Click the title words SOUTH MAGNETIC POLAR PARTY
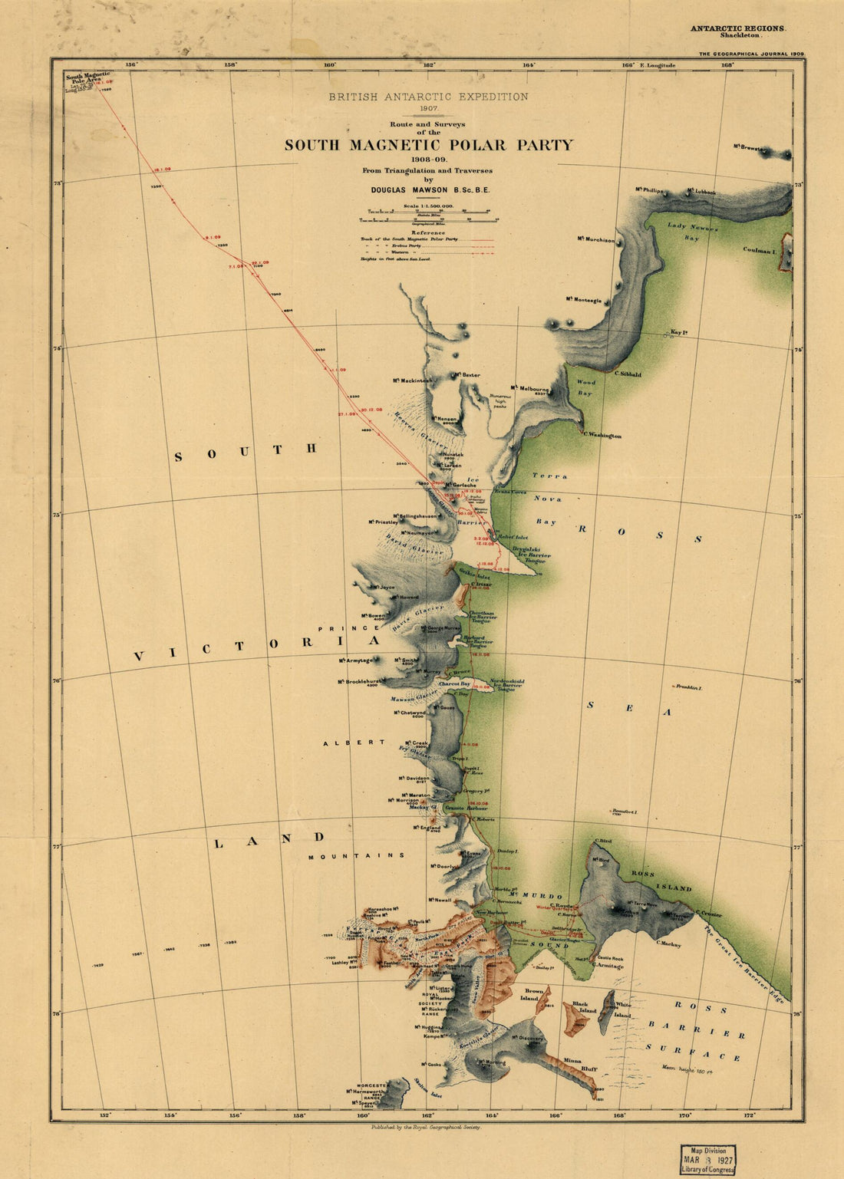click(x=428, y=145)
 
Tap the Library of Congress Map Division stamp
click(x=707, y=1160)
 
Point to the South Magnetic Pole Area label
click(x=87, y=78)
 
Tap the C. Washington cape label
click(x=602, y=436)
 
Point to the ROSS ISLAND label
click(x=661, y=881)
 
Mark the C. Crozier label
click(x=707, y=914)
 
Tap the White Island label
click(x=622, y=1009)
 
